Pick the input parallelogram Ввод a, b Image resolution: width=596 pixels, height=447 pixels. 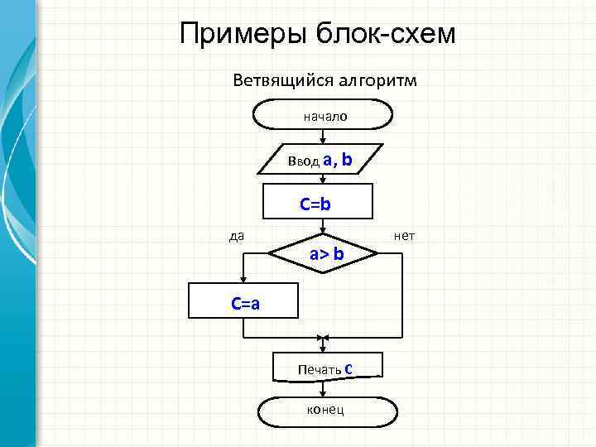coord(322,160)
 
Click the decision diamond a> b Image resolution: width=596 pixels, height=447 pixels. coord(326,255)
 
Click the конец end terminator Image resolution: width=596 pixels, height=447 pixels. coord(325,409)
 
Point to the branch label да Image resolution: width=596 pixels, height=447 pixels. coord(236,236)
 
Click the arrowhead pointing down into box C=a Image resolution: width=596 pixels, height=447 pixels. coord(244,279)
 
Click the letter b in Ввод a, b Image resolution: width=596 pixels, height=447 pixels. coord(346,159)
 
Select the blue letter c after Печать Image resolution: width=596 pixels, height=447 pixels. coord(349,366)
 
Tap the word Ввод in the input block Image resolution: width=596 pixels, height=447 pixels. coord(302,161)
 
